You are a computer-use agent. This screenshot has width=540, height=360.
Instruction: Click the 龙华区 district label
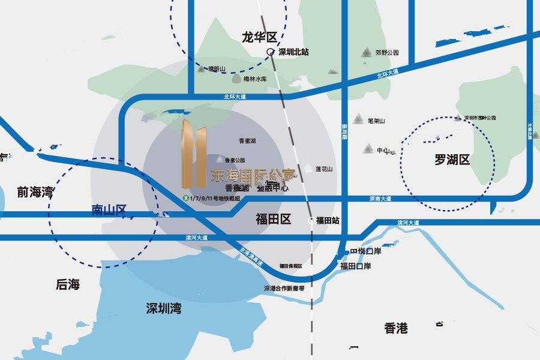click(x=259, y=37)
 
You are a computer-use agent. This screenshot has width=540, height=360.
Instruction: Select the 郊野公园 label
click(x=387, y=53)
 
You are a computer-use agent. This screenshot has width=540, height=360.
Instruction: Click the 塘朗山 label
click(x=216, y=69)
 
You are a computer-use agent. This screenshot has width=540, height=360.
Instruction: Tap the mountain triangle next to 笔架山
click(x=358, y=119)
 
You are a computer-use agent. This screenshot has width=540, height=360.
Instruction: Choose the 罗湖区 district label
click(x=452, y=160)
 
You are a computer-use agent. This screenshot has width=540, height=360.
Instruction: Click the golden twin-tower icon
click(x=194, y=152)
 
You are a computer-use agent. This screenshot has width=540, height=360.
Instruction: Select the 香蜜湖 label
click(x=247, y=141)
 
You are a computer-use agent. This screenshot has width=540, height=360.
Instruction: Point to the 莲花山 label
click(x=324, y=169)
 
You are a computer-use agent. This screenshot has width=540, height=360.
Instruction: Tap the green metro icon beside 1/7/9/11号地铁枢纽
click(x=186, y=199)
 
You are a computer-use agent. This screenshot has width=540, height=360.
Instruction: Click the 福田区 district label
click(x=273, y=219)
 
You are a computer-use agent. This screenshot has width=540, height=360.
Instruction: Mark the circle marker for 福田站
click(x=311, y=221)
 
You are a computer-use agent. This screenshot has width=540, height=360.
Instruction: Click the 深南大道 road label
click(x=380, y=199)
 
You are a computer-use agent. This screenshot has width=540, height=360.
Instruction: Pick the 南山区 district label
click(x=109, y=210)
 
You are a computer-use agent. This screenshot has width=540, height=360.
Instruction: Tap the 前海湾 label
click(x=35, y=193)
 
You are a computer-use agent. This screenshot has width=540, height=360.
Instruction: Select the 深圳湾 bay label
click(x=164, y=308)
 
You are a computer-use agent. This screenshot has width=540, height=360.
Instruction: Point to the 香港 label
click(x=396, y=328)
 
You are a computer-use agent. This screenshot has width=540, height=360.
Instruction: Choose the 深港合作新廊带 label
click(x=284, y=288)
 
